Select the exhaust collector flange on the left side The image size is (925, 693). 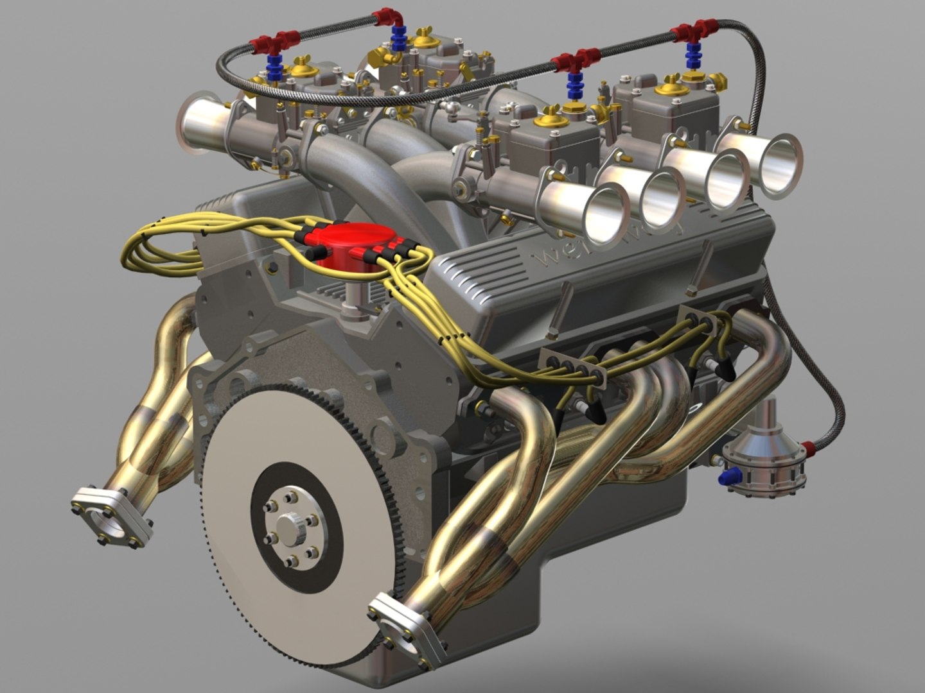[112, 517]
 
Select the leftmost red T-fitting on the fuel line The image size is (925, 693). [277, 42]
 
